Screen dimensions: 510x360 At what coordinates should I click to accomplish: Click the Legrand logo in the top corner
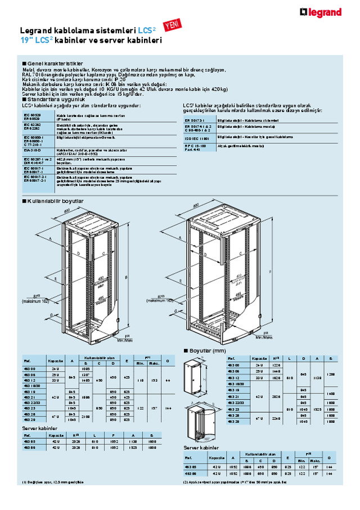pos(321,12)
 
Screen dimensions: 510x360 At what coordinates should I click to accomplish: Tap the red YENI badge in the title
pos(169,24)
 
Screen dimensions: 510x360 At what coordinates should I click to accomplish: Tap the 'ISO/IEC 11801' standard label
pos(196,137)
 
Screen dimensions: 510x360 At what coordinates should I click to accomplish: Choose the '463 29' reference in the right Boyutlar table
pos(233,420)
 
